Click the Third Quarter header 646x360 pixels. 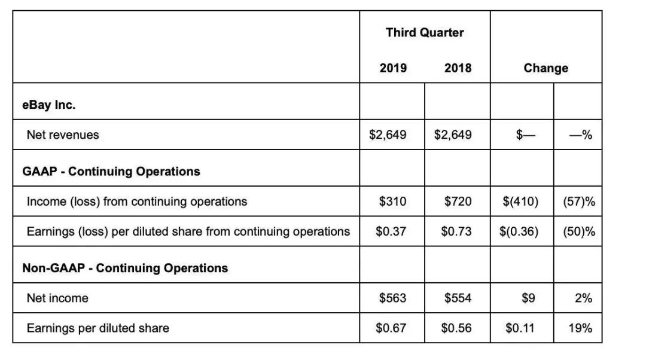pyautogui.click(x=425, y=32)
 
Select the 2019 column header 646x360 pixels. pyautogui.click(x=393, y=68)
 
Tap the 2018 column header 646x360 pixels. pyautogui.click(x=458, y=68)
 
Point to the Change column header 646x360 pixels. pyautogui.click(x=546, y=68)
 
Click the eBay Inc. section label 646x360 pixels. pyautogui.click(x=49, y=105)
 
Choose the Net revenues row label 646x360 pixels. pyautogui.click(x=63, y=135)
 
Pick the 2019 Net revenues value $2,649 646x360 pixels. pyautogui.click(x=388, y=135)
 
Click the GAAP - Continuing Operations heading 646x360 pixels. pyautogui.click(x=111, y=171)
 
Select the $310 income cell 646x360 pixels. pyautogui.click(x=393, y=202)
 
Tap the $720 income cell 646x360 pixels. pyautogui.click(x=458, y=202)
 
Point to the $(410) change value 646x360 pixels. pyautogui.click(x=520, y=202)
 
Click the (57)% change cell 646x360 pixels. pyautogui.click(x=579, y=202)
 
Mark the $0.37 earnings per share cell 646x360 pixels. pyautogui.click(x=391, y=231)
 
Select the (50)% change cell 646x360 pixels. pyautogui.click(x=579, y=231)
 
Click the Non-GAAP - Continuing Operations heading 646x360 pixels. pyautogui.click(x=125, y=267)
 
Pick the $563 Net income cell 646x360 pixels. pyautogui.click(x=393, y=298)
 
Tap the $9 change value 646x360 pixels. pyautogui.click(x=528, y=298)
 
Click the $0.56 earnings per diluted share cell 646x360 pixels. pyautogui.click(x=456, y=328)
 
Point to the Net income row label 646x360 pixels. pyautogui.click(x=57, y=298)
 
